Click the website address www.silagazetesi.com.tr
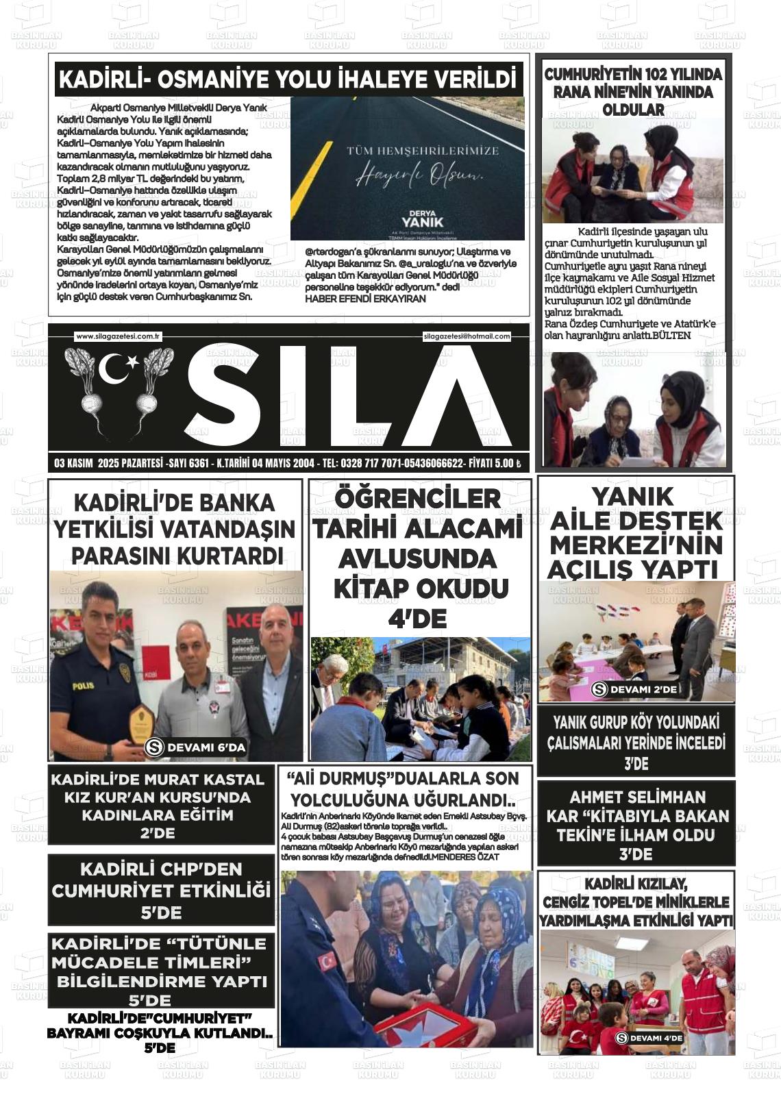118,336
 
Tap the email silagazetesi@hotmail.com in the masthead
467,336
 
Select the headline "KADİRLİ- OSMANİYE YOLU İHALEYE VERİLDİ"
287,79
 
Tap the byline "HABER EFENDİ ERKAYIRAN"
365,299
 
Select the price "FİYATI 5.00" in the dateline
495,464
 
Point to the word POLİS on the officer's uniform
84,684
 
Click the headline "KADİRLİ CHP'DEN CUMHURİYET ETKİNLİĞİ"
162,891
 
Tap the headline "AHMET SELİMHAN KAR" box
636,825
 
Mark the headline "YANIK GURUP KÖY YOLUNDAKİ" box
636,742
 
